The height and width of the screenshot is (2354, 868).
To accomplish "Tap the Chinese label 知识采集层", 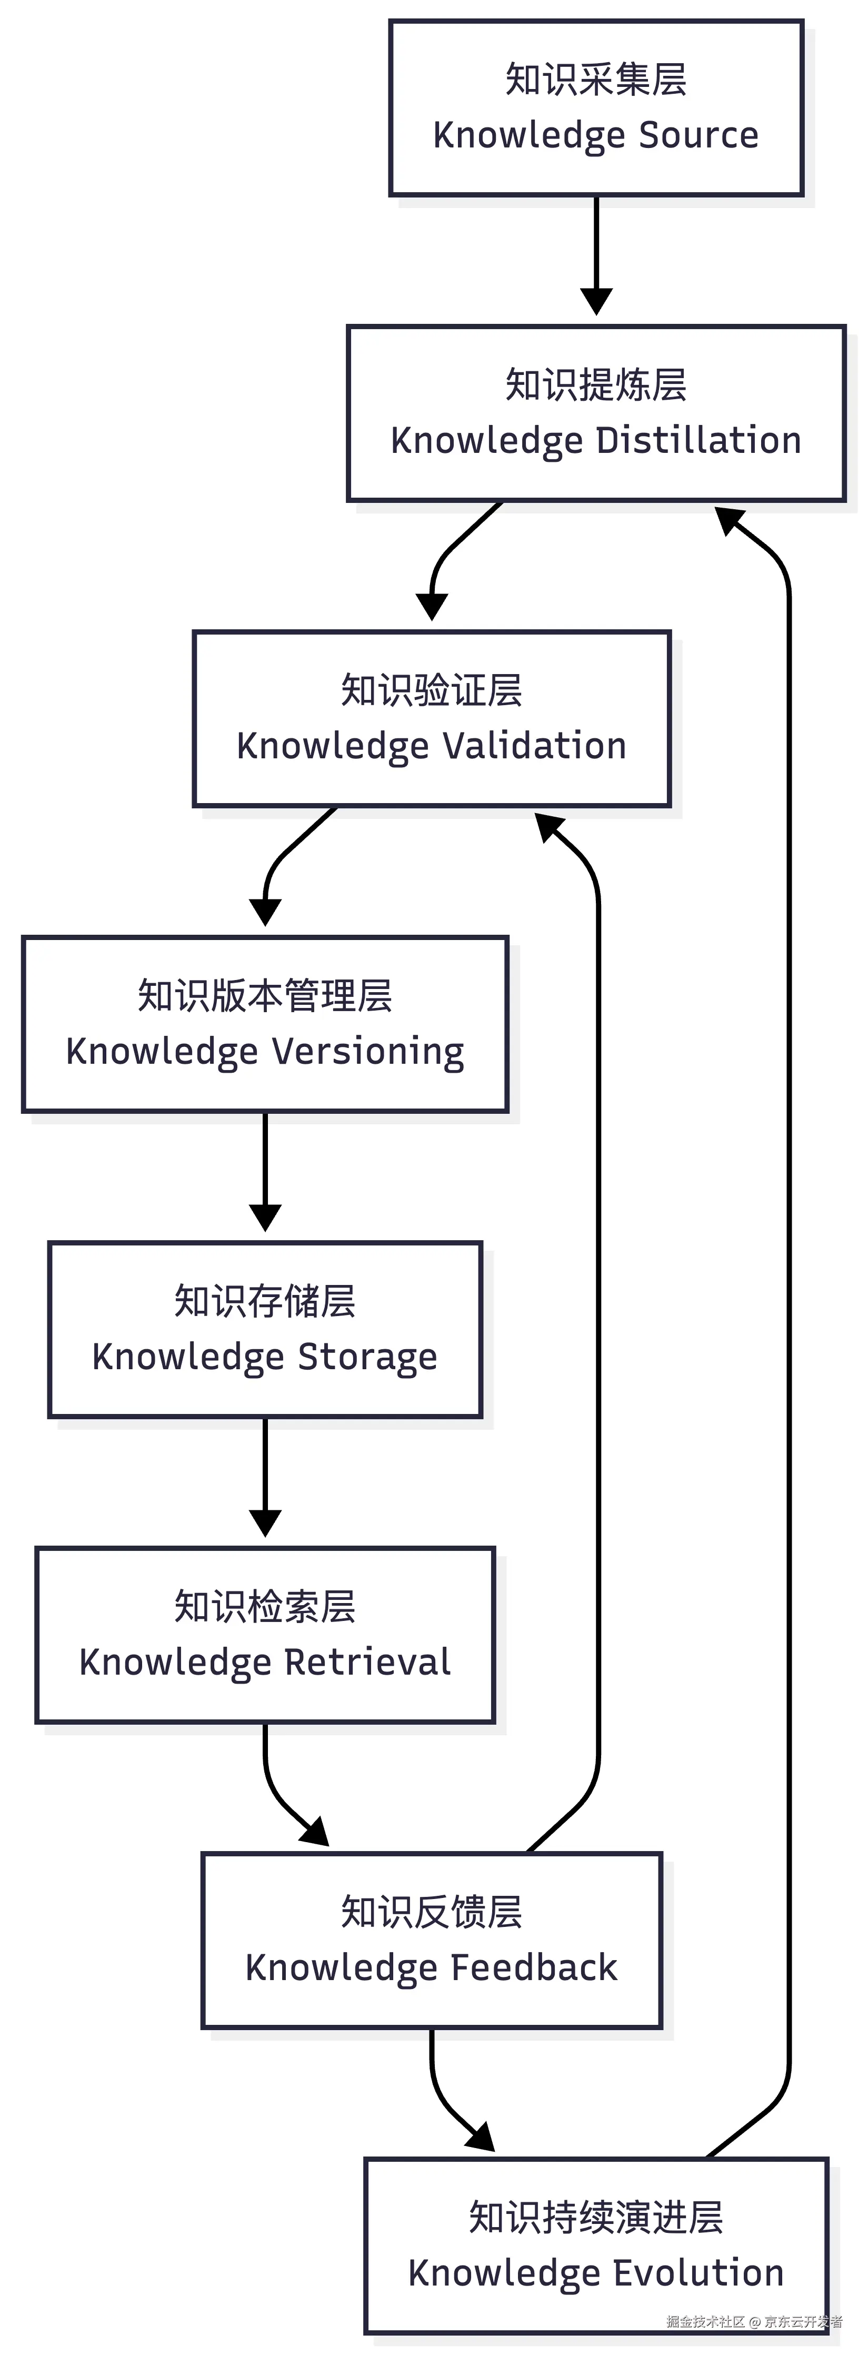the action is click(x=596, y=80).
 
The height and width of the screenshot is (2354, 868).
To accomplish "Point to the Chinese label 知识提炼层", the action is click(x=596, y=385).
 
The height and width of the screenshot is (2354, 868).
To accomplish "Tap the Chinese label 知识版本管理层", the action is click(x=265, y=995).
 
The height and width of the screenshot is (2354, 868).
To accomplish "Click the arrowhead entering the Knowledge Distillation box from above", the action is click(x=596, y=302).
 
